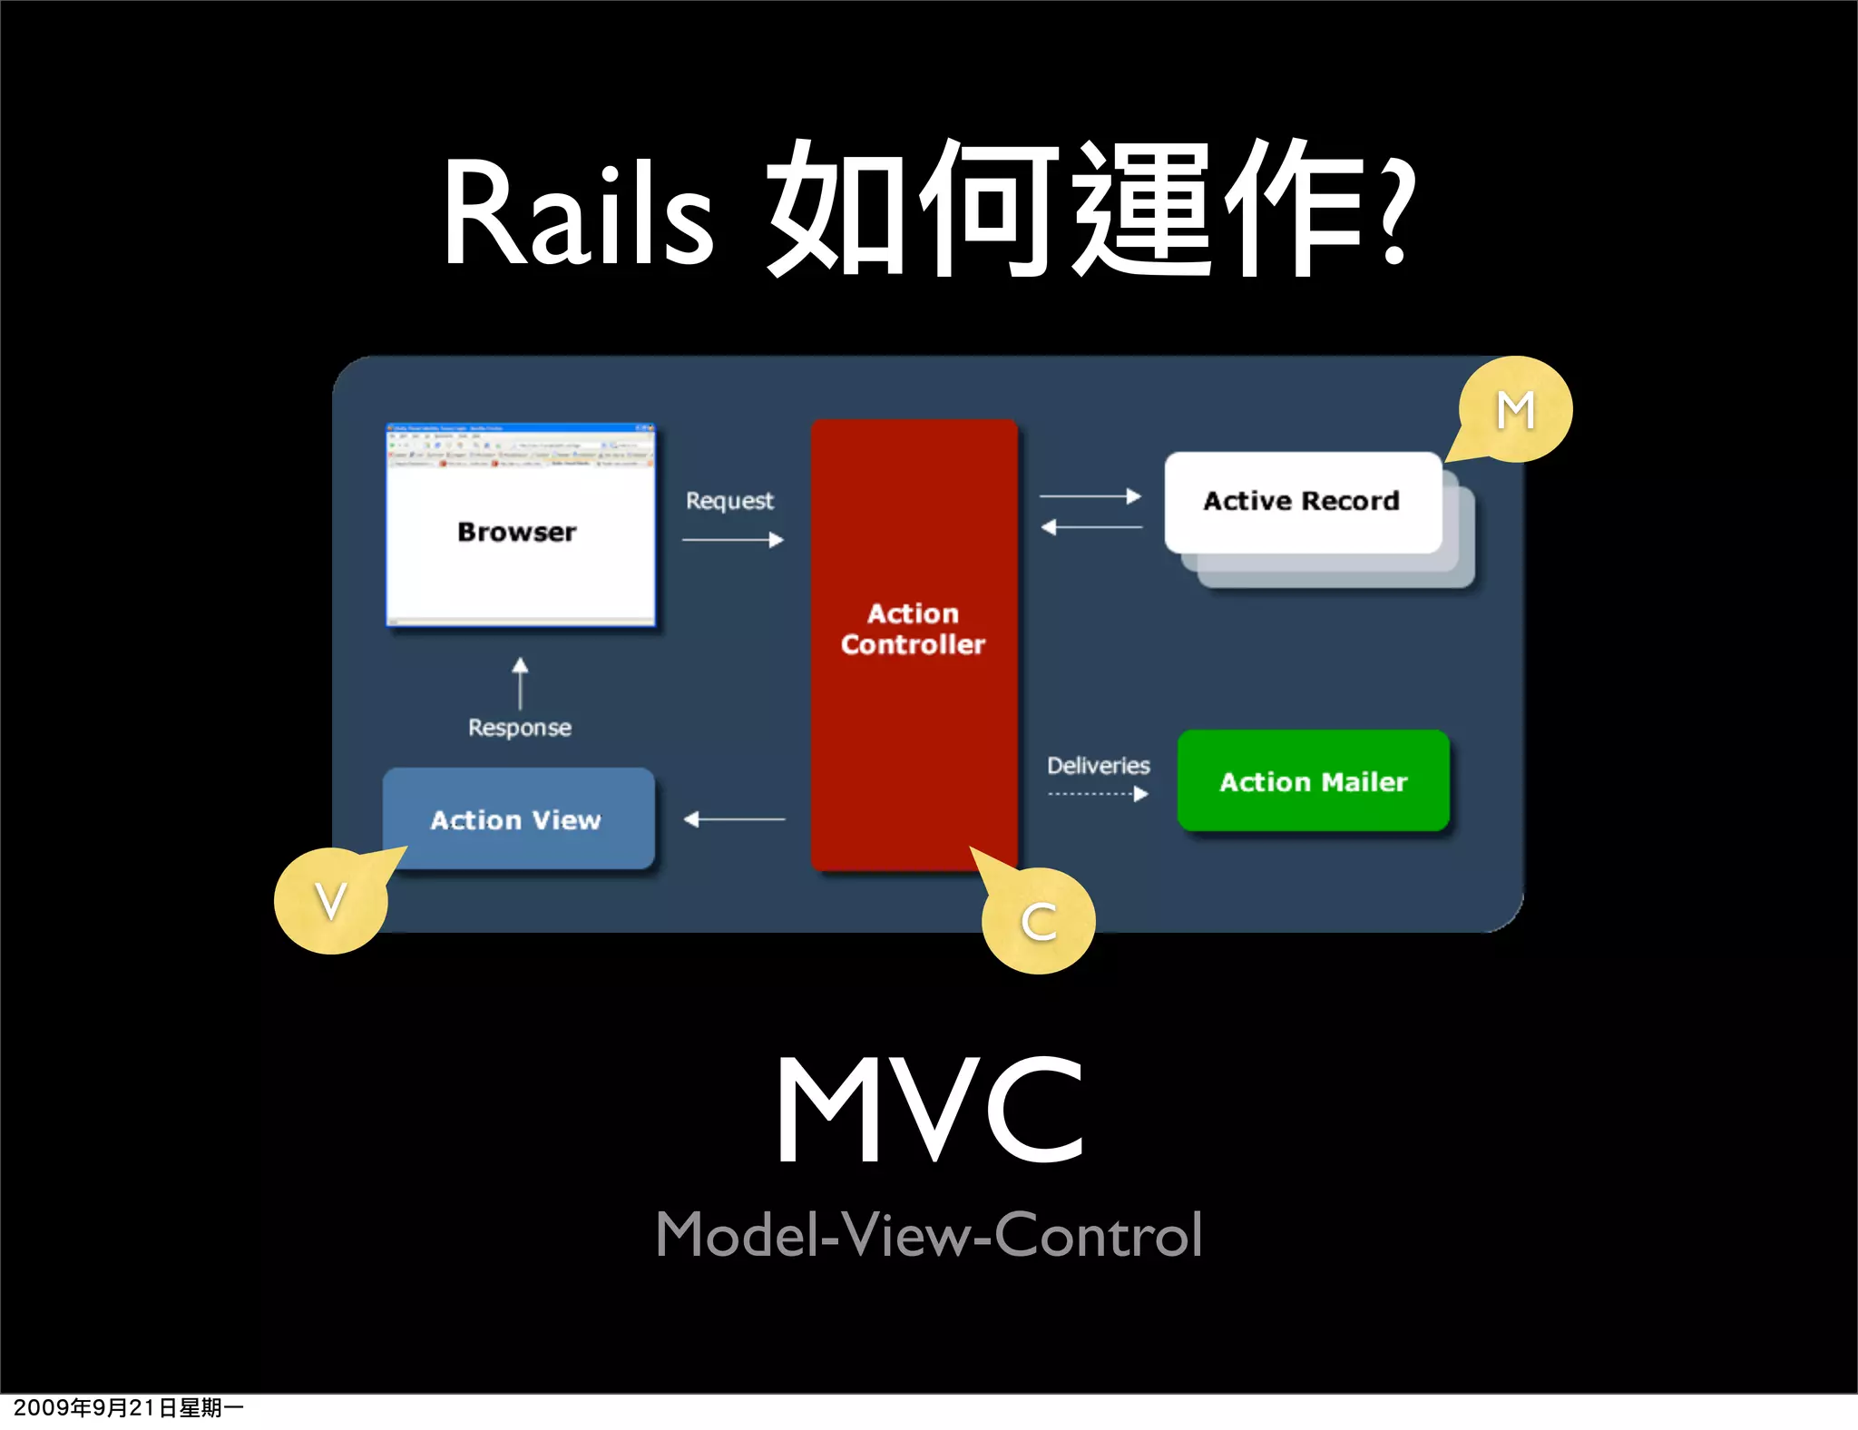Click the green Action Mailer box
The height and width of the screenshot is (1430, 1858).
point(1313,781)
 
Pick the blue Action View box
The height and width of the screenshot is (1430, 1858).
point(518,819)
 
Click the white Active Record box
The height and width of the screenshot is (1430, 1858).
point(1302,502)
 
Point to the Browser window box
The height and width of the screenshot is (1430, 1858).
point(520,526)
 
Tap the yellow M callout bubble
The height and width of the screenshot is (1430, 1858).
point(1516,410)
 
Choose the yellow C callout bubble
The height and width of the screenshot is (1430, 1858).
point(1039,922)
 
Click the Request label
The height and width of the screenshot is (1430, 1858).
point(729,501)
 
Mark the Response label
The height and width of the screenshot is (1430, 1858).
point(520,728)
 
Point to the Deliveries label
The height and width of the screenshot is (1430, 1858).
point(1098,766)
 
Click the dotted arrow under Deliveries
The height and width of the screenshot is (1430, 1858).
point(1098,794)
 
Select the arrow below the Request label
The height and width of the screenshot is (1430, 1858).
point(733,540)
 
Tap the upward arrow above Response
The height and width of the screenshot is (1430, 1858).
point(520,682)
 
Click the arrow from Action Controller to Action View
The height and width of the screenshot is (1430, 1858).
point(734,819)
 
